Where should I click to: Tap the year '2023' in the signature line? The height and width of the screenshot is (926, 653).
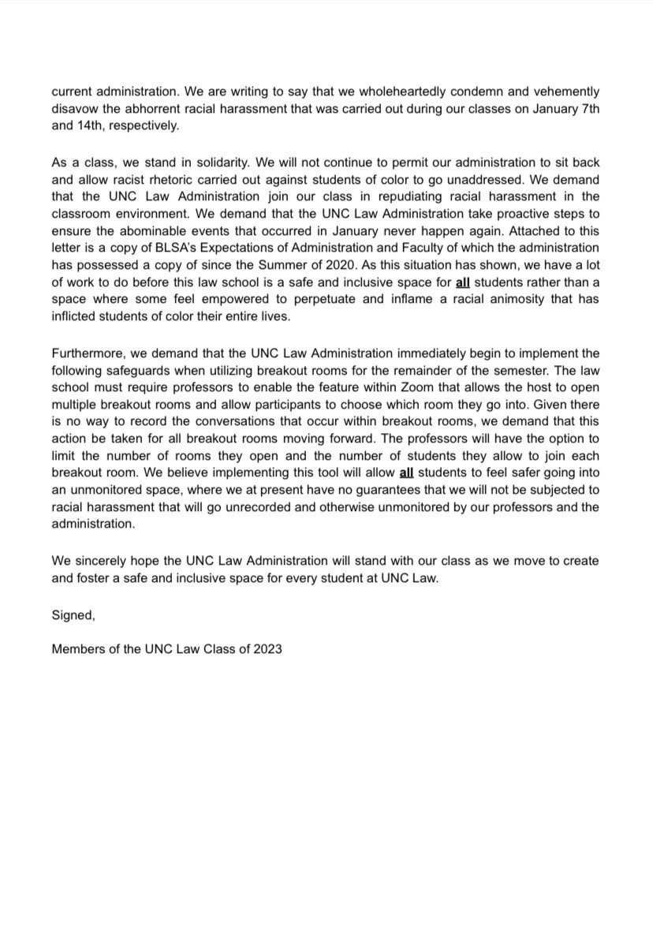pyautogui.click(x=267, y=649)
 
